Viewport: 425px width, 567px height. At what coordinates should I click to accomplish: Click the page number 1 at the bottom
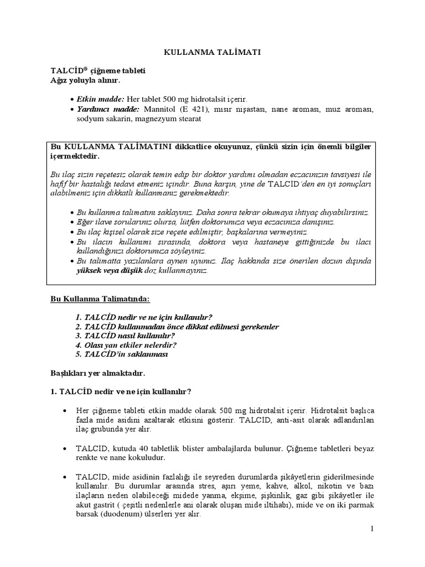[373, 529]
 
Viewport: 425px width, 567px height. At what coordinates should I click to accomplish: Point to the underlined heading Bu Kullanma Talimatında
[100, 298]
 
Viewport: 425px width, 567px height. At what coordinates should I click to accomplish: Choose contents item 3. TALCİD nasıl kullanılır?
[126, 336]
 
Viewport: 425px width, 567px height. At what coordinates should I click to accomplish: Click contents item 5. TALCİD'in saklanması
[122, 354]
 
